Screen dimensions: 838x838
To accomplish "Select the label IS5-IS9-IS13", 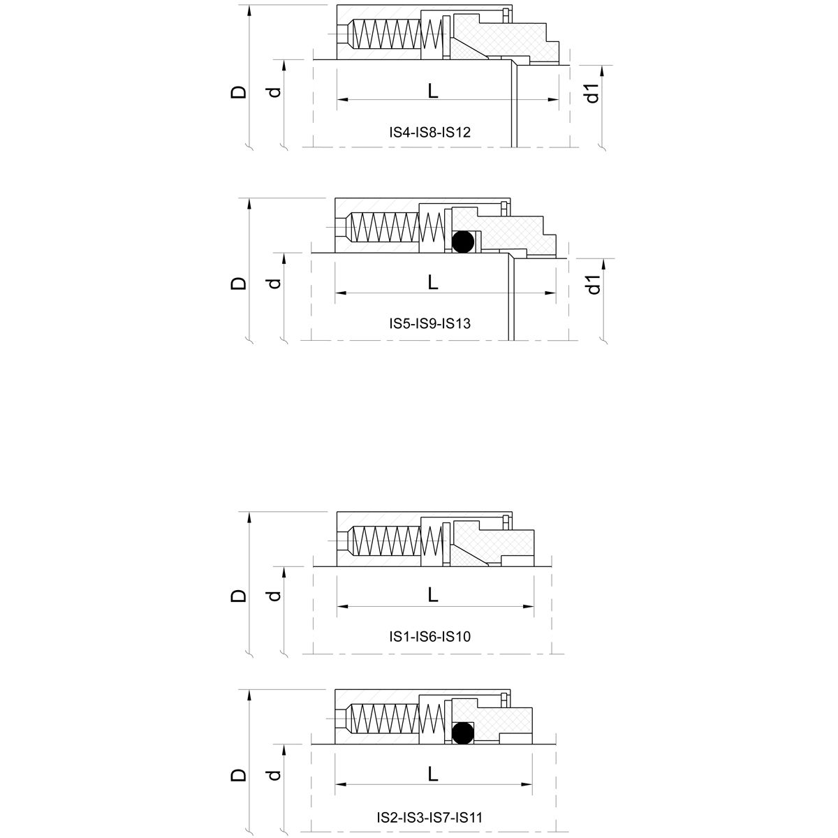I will pyautogui.click(x=431, y=324).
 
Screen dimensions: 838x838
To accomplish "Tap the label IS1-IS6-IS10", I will pyautogui.click(x=431, y=636).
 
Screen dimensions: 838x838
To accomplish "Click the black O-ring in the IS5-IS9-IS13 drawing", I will pyautogui.click(x=462, y=242).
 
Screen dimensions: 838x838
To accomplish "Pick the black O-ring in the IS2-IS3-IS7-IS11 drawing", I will pyautogui.click(x=462, y=732).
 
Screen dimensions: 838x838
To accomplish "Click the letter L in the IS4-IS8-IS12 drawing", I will pyautogui.click(x=433, y=90).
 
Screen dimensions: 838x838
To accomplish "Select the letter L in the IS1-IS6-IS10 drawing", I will pyautogui.click(x=433, y=594).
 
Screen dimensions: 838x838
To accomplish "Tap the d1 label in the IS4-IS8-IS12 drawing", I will pyautogui.click(x=592, y=93).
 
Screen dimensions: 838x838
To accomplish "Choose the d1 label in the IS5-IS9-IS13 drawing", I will pyautogui.click(x=592, y=285).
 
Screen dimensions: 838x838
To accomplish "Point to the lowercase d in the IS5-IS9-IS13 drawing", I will pyautogui.click(x=274, y=283).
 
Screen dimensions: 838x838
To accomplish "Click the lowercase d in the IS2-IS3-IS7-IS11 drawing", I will pyautogui.click(x=274, y=775).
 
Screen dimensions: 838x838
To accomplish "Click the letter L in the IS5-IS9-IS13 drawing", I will pyautogui.click(x=433, y=283).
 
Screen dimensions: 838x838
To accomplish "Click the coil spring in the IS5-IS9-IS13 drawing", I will pyautogui.click(x=395, y=227).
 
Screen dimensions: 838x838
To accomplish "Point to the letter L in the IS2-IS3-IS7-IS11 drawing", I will pyautogui.click(x=433, y=774).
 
